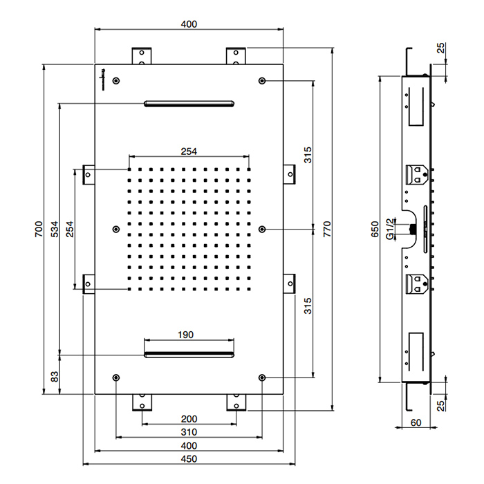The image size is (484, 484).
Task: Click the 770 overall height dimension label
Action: [x=327, y=229]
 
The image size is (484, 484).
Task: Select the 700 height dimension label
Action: [x=39, y=229]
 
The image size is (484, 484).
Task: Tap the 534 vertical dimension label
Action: [x=55, y=229]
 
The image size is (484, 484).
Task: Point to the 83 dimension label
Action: [x=55, y=377]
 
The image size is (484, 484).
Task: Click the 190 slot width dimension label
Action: [x=185, y=335]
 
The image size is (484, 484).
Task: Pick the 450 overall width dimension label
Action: [x=189, y=459]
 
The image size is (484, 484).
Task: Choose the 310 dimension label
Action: [x=189, y=432]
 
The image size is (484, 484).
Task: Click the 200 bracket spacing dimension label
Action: [x=189, y=419]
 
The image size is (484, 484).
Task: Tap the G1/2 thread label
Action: [x=391, y=229]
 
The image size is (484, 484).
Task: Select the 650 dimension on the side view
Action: [x=375, y=229]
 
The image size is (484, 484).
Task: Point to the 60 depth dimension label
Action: [x=416, y=422]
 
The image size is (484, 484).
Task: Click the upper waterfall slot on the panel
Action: [x=189, y=104]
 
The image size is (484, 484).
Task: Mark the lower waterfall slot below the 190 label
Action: [x=189, y=354]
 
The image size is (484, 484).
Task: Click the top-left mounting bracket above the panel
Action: [x=142, y=56]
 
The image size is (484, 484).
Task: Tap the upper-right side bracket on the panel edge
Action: [x=289, y=174]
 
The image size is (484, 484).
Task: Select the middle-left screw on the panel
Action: [x=116, y=229]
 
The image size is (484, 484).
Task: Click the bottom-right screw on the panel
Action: [x=262, y=378]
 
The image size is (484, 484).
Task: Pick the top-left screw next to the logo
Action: [x=116, y=81]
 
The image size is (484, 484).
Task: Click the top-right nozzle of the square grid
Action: [x=249, y=169]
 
